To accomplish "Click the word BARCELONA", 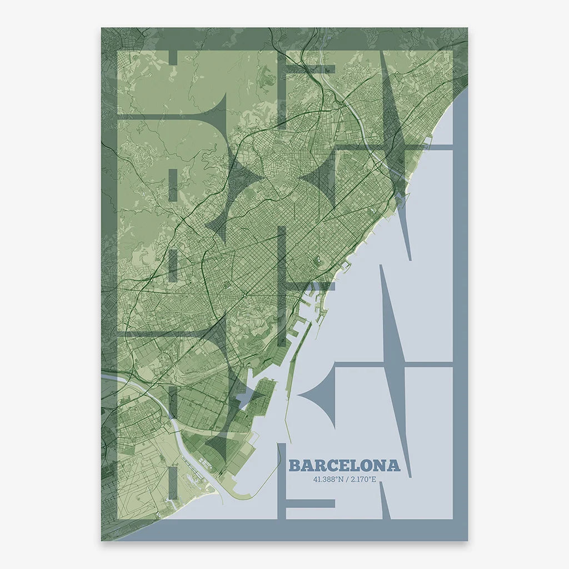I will [x=345, y=466].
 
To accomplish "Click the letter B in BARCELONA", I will [x=295, y=466].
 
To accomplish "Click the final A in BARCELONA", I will [x=393, y=466].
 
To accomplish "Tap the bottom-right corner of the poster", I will [x=467, y=540].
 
